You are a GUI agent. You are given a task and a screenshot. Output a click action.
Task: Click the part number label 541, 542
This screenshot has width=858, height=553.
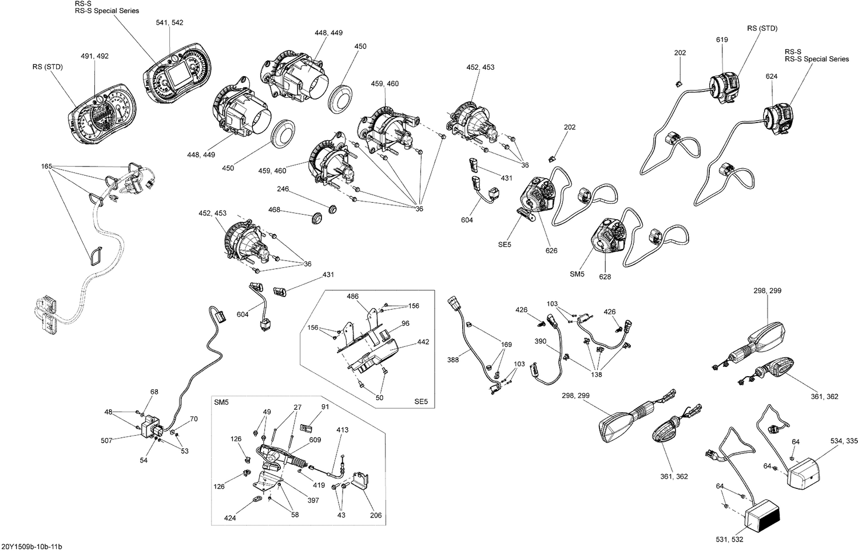click(170, 22)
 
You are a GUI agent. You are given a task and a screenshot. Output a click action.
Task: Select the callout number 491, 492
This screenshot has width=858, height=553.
click(94, 56)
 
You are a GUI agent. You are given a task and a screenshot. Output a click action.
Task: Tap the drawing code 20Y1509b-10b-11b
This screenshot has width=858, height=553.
click(31, 547)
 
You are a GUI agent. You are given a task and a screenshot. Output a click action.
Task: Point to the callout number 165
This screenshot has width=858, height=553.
click(46, 167)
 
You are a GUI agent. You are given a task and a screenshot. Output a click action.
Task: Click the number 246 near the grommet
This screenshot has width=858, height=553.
click(283, 189)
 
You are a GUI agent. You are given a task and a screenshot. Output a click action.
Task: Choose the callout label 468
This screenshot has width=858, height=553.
click(274, 210)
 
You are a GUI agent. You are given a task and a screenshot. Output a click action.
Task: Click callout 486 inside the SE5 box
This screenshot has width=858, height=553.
click(353, 297)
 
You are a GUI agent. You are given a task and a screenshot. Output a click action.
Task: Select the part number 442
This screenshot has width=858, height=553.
click(423, 342)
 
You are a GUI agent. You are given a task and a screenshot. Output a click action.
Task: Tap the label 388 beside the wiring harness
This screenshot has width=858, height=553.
click(453, 360)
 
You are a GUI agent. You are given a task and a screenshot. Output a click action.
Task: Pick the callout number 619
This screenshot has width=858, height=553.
click(722, 39)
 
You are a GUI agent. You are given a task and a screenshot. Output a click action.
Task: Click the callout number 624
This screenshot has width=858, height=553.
click(772, 76)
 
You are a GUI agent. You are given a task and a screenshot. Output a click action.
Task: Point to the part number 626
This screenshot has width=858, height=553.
click(551, 250)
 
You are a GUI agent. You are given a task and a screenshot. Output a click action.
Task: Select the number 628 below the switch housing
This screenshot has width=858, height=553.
click(605, 276)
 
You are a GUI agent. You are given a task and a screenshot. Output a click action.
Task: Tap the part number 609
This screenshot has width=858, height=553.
click(315, 440)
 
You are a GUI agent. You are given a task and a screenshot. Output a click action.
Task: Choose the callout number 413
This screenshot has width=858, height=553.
click(342, 429)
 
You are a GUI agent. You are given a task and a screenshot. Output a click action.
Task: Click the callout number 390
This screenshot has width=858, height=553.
click(541, 341)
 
